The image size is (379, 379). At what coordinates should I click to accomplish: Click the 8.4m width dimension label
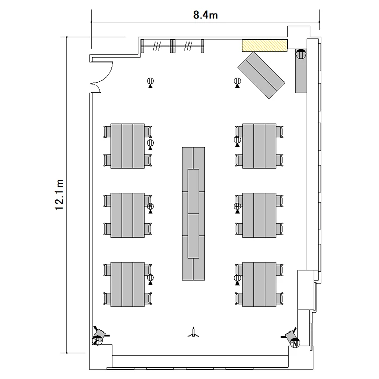205,15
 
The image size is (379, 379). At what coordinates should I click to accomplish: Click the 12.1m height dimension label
59,195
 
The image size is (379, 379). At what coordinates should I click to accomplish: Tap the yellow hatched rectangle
264,45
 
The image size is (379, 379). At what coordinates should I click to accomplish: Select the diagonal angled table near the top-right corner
261,75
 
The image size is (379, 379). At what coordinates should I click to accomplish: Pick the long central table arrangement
194,213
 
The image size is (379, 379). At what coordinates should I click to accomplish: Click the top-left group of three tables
127,146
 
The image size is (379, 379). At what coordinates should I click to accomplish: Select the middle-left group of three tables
127,215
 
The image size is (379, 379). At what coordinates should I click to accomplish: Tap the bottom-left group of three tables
127,284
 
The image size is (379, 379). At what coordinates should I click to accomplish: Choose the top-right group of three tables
259,146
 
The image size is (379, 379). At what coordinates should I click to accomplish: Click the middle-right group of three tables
259,215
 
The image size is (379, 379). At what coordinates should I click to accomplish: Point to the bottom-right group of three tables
259,284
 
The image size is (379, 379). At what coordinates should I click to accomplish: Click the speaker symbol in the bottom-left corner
100,336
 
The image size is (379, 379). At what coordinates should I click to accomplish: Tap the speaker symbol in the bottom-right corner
292,338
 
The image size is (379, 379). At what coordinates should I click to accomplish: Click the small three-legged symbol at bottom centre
194,333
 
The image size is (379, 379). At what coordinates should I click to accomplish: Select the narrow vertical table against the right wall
301,71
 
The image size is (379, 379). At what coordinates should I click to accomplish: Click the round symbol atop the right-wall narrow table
301,54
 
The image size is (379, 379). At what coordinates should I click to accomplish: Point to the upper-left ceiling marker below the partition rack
150,83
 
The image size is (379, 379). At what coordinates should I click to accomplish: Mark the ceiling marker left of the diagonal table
238,83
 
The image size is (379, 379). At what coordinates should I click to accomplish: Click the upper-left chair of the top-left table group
107,132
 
